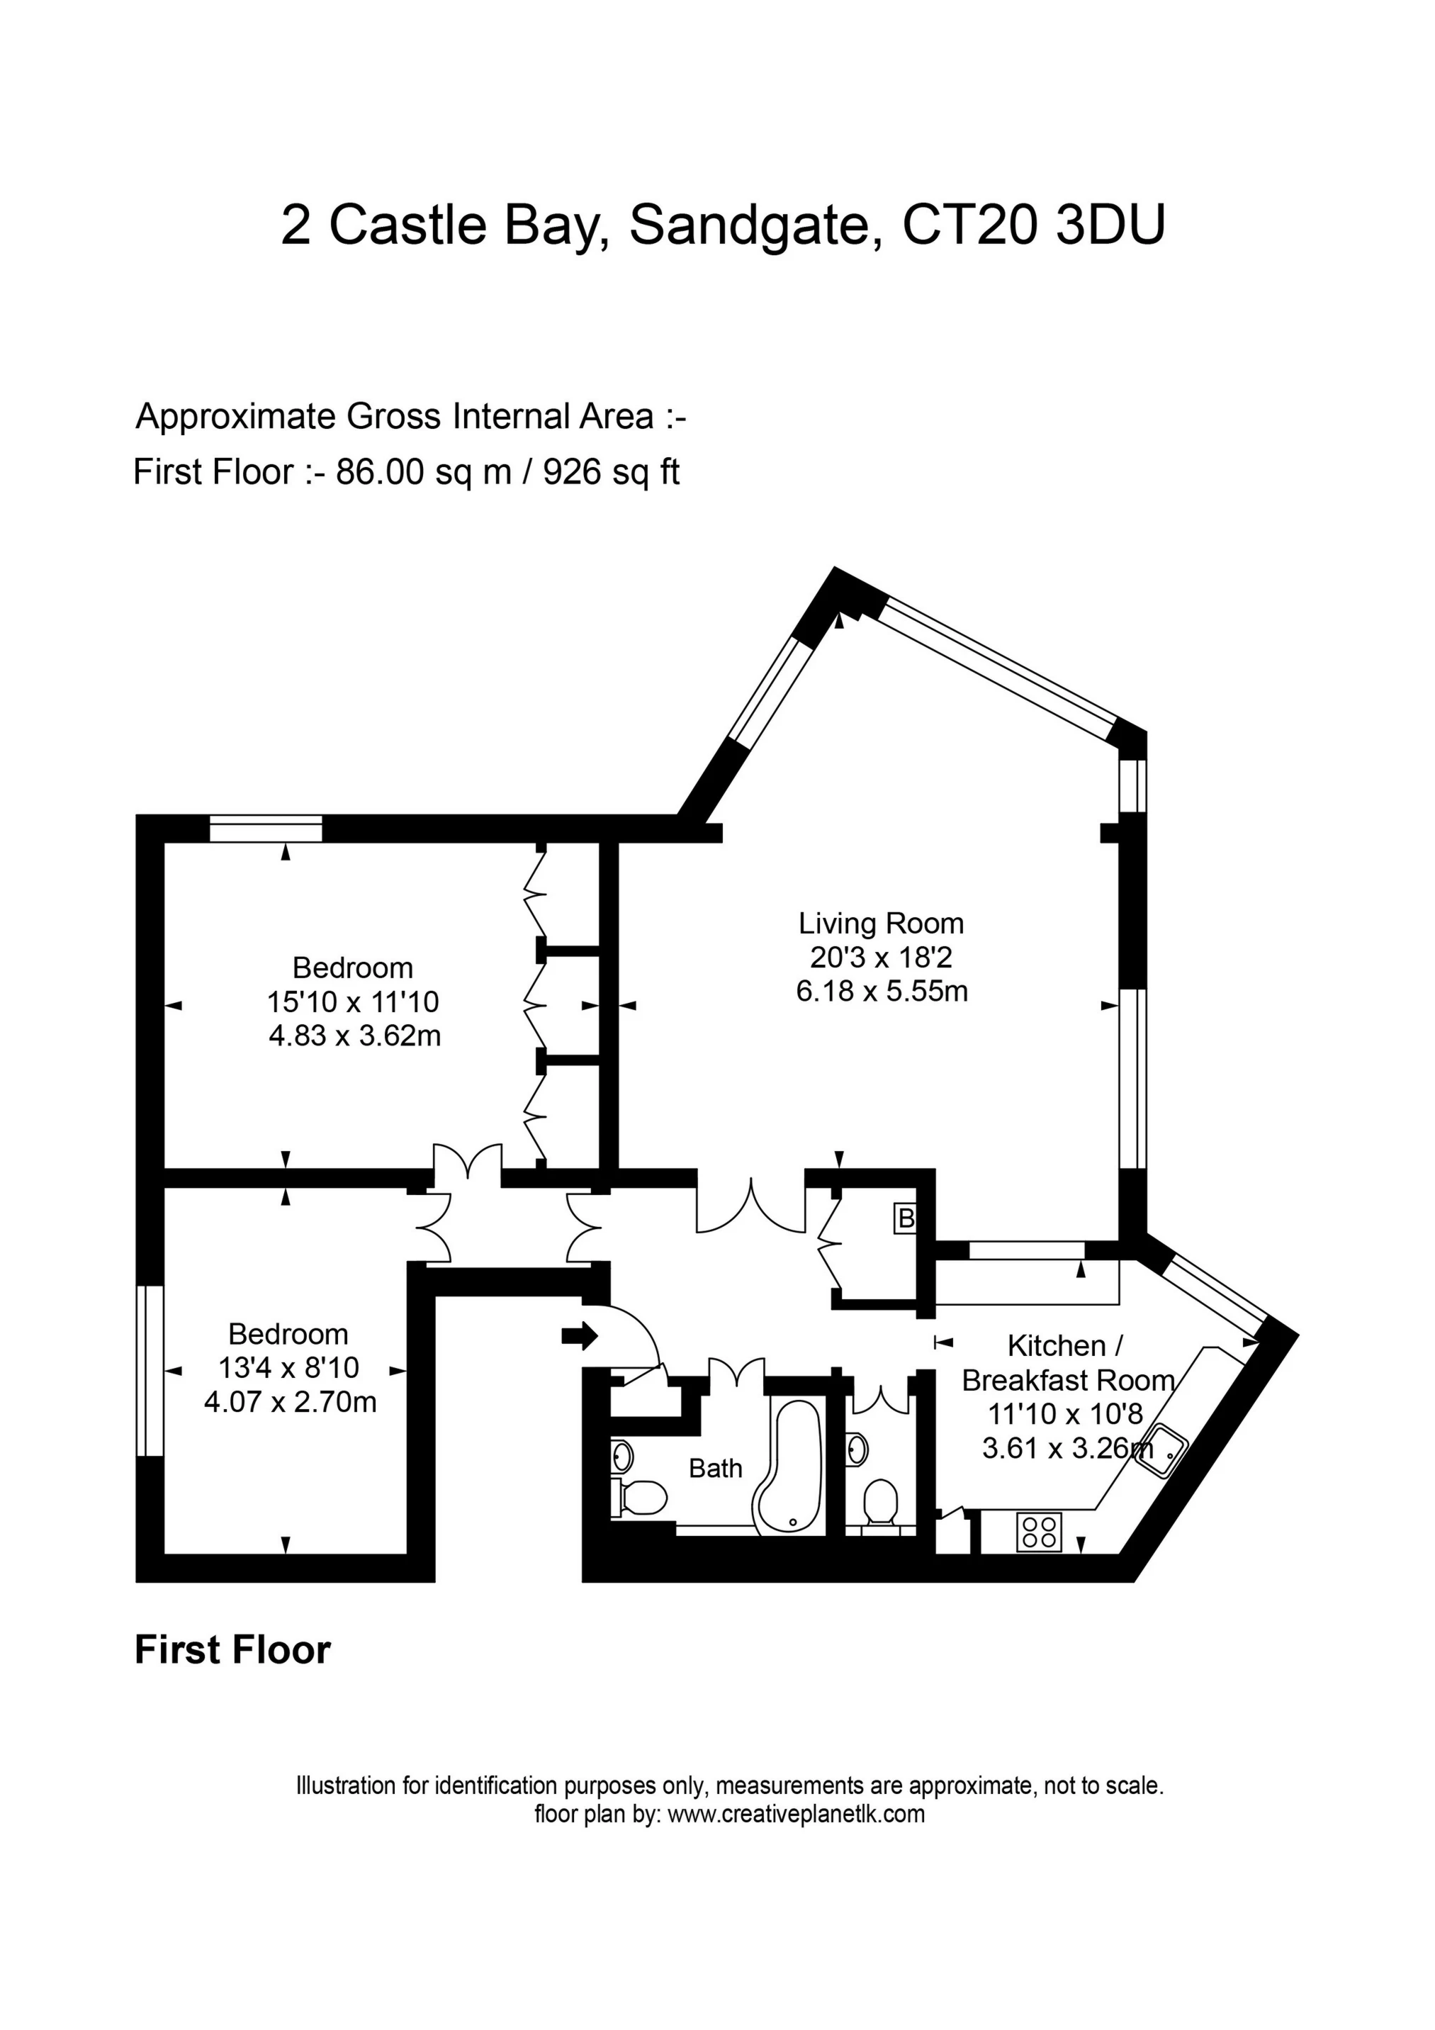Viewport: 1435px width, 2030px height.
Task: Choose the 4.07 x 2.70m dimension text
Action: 290,1402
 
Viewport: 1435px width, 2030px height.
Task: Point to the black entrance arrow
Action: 580,1336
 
